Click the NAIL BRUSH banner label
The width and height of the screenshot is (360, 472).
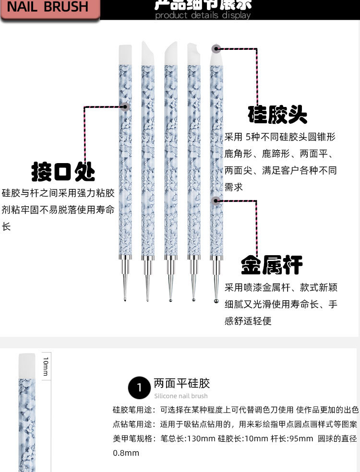pyautogui.click(x=48, y=7)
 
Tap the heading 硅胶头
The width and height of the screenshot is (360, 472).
pyautogui.click(x=277, y=115)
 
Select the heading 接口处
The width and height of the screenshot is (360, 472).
pyautogui.click(x=63, y=171)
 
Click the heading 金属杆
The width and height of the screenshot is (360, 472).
pyautogui.click(x=272, y=264)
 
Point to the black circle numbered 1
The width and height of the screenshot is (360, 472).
pyautogui.click(x=140, y=387)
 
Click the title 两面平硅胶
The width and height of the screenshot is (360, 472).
pyautogui.click(x=182, y=383)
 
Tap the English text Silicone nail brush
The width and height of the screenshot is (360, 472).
pyautogui.click(x=181, y=396)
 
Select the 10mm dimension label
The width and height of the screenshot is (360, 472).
pyautogui.click(x=46, y=366)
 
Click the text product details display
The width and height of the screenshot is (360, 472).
pyautogui.click(x=203, y=15)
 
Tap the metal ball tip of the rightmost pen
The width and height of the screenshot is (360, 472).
pyautogui.click(x=216, y=301)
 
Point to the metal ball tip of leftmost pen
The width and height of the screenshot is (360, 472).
pyautogui.click(x=125, y=300)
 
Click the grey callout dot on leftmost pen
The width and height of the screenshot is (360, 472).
pyautogui.click(x=126, y=107)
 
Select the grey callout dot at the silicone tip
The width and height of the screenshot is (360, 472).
pyautogui.click(x=216, y=48)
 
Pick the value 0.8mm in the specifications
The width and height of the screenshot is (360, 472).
pyautogui.click(x=126, y=453)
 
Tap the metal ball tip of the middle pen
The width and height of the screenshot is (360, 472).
pyautogui.click(x=170, y=300)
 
